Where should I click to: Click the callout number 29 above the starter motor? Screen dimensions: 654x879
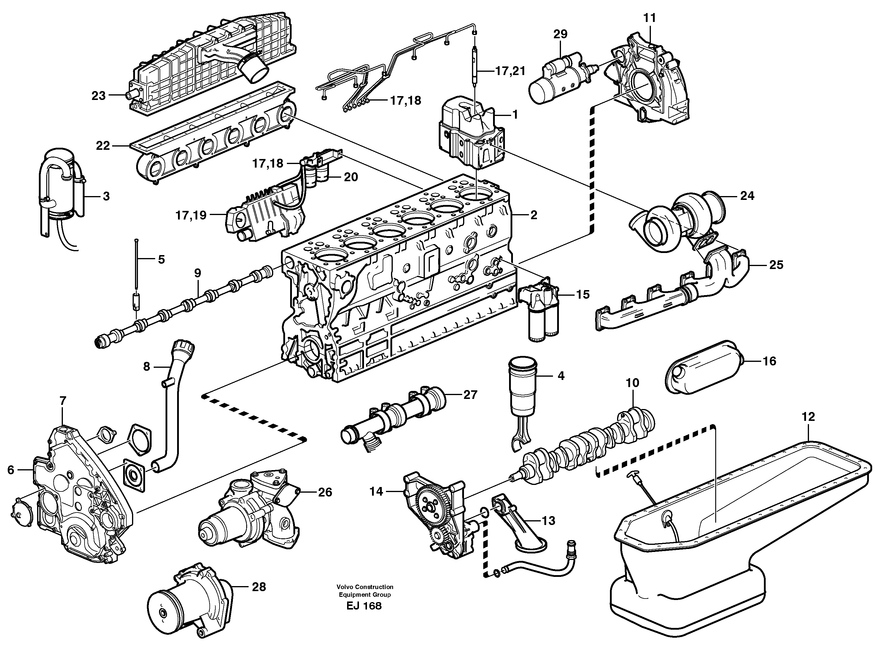click(560, 34)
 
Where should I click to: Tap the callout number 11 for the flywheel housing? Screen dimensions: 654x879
click(649, 18)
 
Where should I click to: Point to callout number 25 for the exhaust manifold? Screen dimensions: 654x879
click(776, 265)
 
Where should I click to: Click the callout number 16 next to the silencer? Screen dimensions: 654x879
click(769, 361)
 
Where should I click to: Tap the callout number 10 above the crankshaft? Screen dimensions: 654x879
click(632, 383)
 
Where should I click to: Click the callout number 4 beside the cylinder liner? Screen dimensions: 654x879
click(561, 376)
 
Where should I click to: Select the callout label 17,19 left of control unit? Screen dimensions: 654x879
click(191, 216)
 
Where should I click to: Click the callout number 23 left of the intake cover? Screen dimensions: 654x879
click(98, 96)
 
